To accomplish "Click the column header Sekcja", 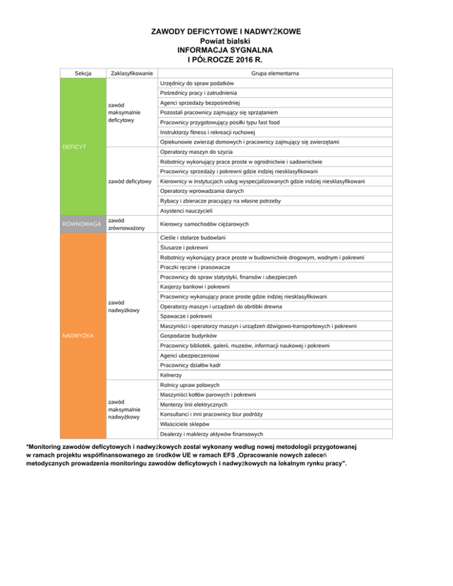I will click(83, 73).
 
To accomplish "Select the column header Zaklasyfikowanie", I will click(129, 73).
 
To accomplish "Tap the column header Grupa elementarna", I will click(274, 73).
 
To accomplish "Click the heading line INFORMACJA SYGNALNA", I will click(226, 50).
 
